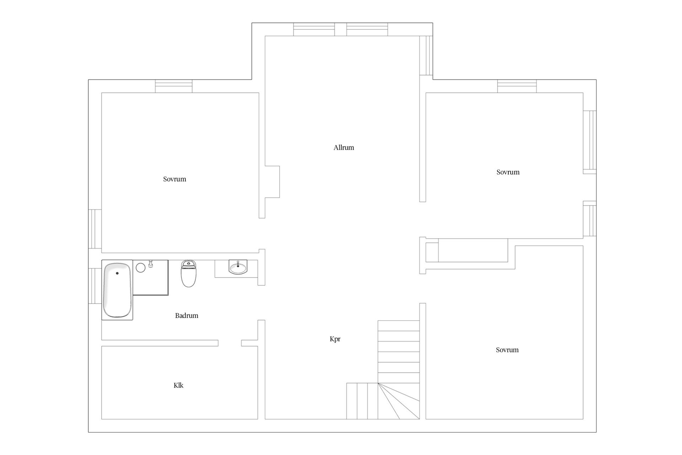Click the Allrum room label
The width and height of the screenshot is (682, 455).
coord(343,148)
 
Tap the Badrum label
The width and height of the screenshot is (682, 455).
coord(186,316)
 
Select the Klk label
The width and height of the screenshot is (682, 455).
coord(178,385)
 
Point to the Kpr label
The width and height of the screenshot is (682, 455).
coord(335,339)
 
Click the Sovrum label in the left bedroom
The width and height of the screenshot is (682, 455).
coord(174,179)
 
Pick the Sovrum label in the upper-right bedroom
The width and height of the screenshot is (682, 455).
coord(508,172)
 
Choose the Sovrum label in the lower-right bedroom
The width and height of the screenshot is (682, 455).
coord(507,350)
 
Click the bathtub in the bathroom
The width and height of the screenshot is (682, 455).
coord(117,290)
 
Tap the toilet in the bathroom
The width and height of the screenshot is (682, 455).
coord(188,273)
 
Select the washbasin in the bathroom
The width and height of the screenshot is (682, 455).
coord(238,267)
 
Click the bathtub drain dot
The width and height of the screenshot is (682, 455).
coord(117,273)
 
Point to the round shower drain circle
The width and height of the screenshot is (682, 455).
coord(141,267)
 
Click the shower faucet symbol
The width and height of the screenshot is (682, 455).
coord(151,263)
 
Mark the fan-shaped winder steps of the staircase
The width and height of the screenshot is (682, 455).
coord(399,401)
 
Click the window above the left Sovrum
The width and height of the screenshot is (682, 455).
coord(174,86)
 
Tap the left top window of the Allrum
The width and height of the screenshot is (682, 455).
coord(314,30)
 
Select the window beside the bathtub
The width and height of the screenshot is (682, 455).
coord(95,286)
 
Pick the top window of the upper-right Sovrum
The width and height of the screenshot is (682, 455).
coord(517,86)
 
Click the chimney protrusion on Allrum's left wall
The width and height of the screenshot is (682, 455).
coord(272,182)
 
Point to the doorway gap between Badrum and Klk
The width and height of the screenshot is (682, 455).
coord(230,343)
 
